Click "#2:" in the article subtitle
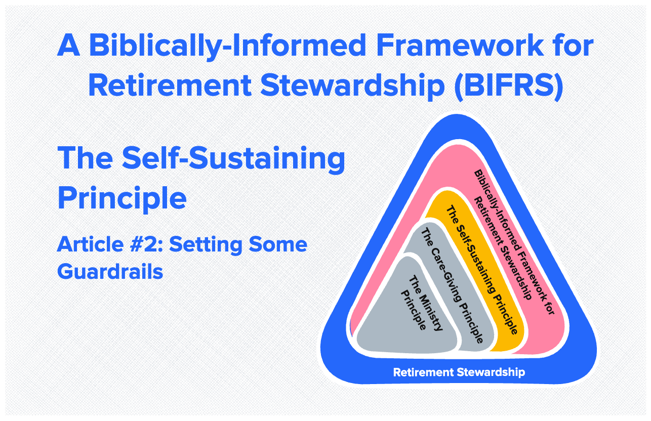click(146, 245)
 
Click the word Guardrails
click(110, 271)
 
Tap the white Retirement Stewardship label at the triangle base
click(459, 372)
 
